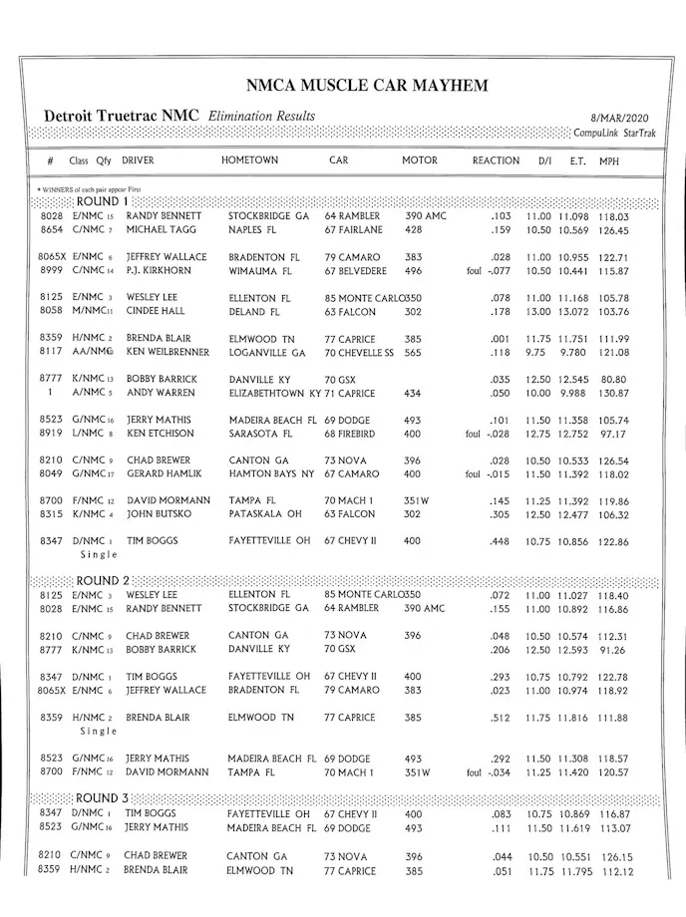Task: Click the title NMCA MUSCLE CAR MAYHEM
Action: pos(367,86)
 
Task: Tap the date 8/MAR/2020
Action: pos(623,118)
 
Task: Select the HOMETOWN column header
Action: pos(250,160)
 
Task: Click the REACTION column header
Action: pos(496,160)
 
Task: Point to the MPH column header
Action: pos(609,160)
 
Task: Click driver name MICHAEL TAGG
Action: pos(161,229)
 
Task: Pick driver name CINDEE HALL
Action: pos(156,311)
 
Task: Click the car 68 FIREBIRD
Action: pos(355,434)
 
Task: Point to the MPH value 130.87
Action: pos(614,393)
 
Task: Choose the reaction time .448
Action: pos(500,541)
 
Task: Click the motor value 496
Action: pos(412,270)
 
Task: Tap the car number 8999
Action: pos(52,270)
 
